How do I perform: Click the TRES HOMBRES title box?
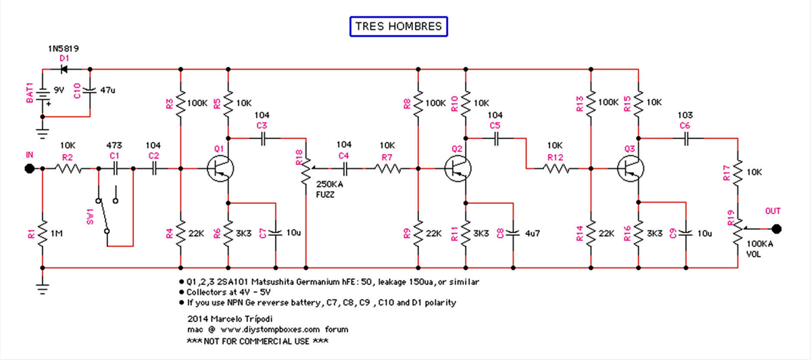(398, 27)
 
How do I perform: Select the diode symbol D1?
(65, 68)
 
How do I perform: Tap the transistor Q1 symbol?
(220, 168)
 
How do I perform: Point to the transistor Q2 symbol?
(458, 168)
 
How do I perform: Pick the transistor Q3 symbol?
(630, 168)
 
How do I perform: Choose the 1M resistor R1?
(42, 233)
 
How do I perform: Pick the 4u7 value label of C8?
(533, 233)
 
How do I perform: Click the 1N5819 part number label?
(63, 49)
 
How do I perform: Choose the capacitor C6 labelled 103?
(685, 138)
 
